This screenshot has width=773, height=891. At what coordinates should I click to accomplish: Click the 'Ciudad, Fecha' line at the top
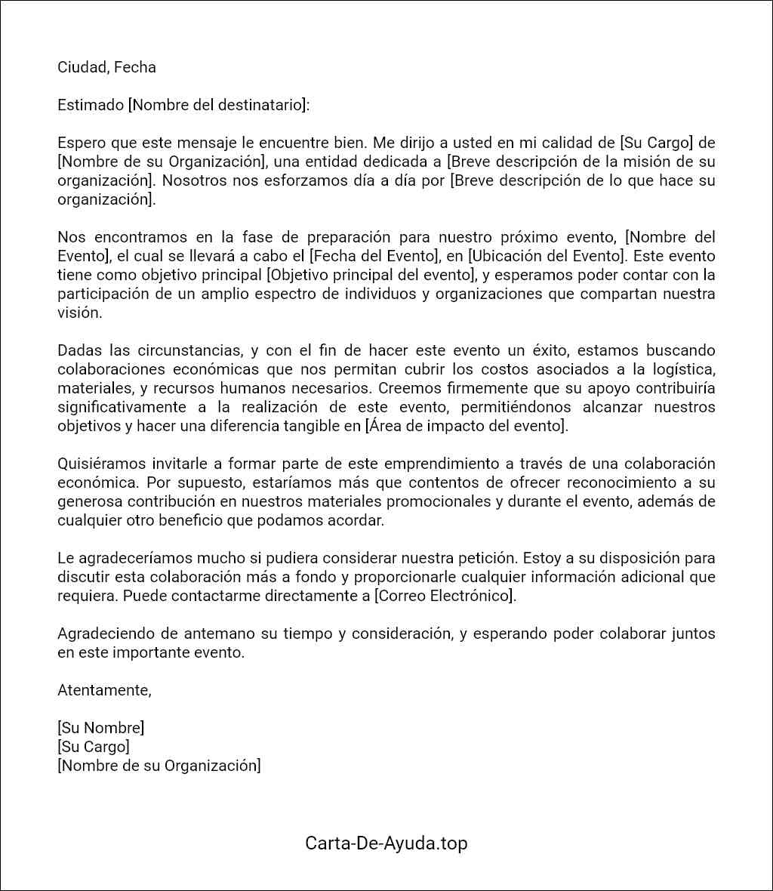106,67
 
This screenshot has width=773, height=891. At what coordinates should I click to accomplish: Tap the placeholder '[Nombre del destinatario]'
219,105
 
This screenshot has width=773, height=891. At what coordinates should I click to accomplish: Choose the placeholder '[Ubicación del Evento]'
544,256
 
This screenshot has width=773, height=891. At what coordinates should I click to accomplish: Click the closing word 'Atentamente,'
104,690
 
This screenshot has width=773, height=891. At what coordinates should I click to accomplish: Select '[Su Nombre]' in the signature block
100,728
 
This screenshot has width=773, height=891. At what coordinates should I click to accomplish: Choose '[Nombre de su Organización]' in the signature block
159,766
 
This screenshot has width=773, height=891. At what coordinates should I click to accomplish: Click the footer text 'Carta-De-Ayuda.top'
386,843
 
